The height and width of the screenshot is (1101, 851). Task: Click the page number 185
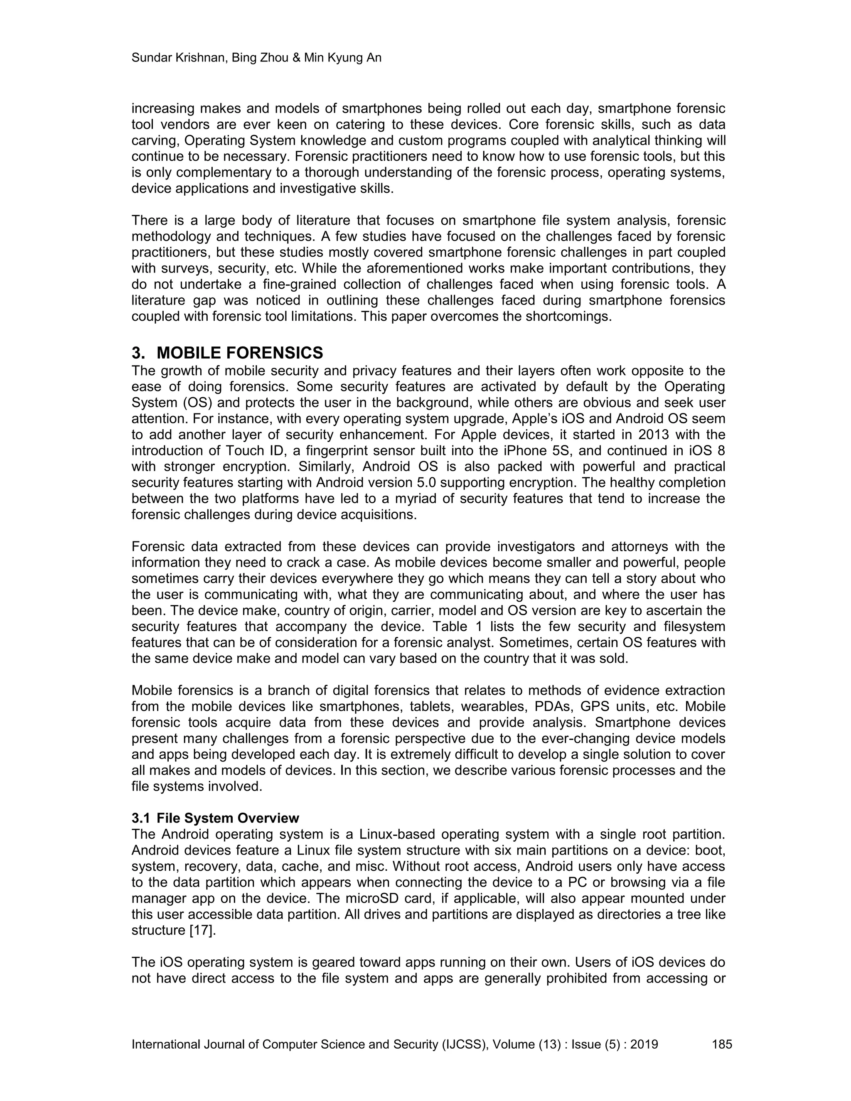(721, 1044)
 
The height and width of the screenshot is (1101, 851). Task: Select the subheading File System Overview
(228, 818)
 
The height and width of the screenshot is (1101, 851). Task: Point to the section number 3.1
(141, 818)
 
